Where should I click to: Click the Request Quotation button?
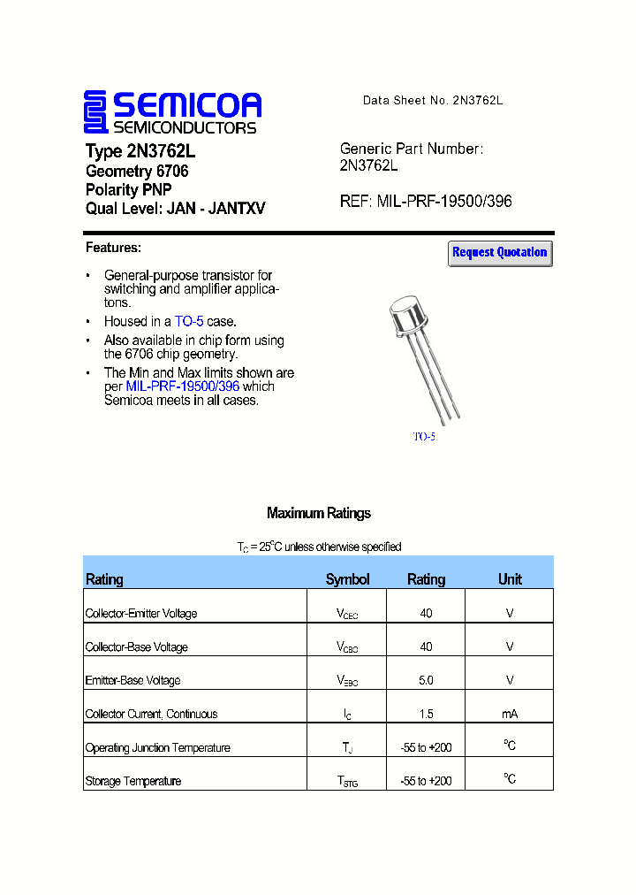point(500,253)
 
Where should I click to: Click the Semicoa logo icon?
point(95,113)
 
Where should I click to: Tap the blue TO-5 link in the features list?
point(189,322)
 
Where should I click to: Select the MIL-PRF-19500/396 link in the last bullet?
point(183,386)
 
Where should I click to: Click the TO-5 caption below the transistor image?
point(424,437)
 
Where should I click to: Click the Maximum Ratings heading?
point(318,514)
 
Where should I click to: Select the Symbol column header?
point(347,580)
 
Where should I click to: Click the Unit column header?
point(510,580)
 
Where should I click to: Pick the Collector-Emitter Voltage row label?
point(141,614)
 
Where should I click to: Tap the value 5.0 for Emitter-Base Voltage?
point(426,681)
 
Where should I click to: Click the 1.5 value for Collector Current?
point(426,715)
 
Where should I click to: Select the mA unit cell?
point(510,715)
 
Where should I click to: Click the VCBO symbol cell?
point(347,647)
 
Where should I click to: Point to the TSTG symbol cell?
point(347,782)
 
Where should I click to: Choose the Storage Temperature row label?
point(133,782)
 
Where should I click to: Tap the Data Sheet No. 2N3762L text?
point(433,101)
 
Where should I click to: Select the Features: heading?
point(113,248)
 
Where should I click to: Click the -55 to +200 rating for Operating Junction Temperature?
point(426,748)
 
